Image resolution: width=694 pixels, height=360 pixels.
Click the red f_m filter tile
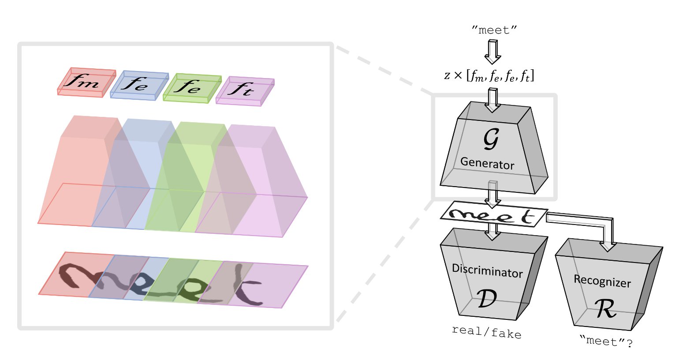coord(86,82)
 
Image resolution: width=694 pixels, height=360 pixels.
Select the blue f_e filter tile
coord(138,85)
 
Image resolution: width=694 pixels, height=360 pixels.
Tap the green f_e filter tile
coord(191,88)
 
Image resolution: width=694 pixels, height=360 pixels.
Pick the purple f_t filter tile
coord(244,91)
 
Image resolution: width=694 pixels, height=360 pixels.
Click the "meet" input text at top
coord(494,30)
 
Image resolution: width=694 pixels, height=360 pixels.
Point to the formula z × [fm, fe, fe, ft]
coord(489,76)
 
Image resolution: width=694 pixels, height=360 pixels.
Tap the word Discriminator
coord(487,270)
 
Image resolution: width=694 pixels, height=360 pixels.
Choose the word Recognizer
coord(602,281)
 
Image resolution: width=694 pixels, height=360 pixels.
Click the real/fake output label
coord(486,332)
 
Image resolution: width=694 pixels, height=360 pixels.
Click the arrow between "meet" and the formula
coord(493,51)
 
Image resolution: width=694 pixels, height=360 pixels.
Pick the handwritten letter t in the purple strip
coord(245,287)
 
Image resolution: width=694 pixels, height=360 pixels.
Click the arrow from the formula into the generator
coord(493,100)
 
